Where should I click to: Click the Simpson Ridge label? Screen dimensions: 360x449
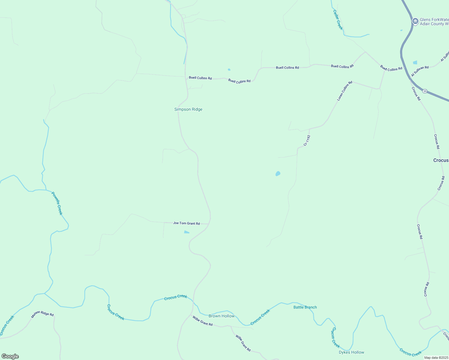click(x=188, y=109)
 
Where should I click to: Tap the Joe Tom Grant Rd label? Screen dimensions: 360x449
click(x=186, y=223)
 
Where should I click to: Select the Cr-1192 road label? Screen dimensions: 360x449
click(x=307, y=140)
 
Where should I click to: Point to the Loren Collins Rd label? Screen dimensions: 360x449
click(x=345, y=91)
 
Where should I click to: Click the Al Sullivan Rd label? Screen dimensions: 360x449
click(x=420, y=71)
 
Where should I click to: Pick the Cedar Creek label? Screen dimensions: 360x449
click(x=338, y=20)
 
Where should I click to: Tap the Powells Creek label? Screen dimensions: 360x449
click(x=57, y=203)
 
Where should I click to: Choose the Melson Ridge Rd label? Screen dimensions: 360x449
click(x=43, y=314)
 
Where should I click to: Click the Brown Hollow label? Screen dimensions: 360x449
click(x=221, y=316)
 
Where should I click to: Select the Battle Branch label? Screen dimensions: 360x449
click(x=305, y=307)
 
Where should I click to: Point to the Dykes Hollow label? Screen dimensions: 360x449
click(x=351, y=352)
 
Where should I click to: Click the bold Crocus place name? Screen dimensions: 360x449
click(x=441, y=160)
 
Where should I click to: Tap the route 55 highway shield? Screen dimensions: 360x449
click(x=425, y=91)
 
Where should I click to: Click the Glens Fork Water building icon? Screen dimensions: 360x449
click(x=415, y=21)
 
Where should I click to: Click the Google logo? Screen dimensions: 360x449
click(x=10, y=356)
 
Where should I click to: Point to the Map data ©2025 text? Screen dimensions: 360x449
click(x=436, y=358)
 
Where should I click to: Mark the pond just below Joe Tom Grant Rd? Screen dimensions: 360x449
click(x=186, y=232)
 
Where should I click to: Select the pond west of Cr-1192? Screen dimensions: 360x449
click(x=278, y=174)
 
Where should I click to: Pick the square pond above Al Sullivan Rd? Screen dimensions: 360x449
click(x=415, y=62)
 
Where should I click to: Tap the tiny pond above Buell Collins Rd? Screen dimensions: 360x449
click(x=229, y=70)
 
